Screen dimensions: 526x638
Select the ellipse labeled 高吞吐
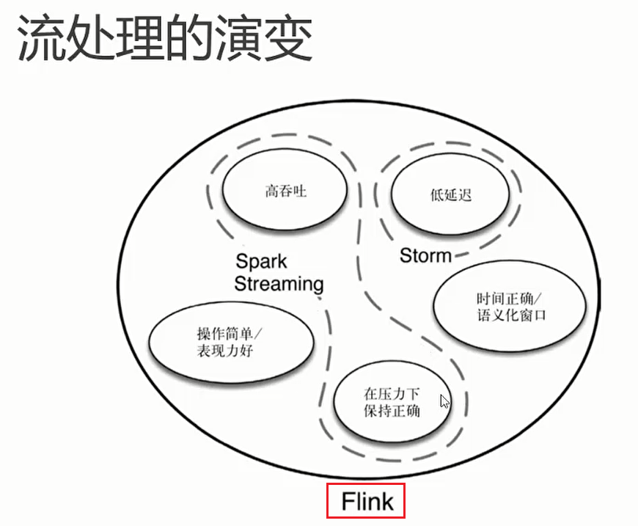click(x=285, y=193)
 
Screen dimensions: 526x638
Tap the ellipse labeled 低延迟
click(x=450, y=194)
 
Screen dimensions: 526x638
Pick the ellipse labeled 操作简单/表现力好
click(x=232, y=342)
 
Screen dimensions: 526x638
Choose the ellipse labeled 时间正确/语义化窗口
click(x=511, y=307)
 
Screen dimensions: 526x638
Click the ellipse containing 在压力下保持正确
click(x=392, y=401)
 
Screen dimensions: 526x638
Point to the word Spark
click(x=261, y=262)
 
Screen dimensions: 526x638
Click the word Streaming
click(x=279, y=283)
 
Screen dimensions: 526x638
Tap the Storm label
click(x=425, y=255)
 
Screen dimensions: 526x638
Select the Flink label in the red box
click(x=367, y=502)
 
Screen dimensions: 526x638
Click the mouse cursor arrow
click(x=444, y=401)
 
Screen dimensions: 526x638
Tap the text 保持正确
click(x=392, y=410)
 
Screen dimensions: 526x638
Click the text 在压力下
click(x=392, y=393)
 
